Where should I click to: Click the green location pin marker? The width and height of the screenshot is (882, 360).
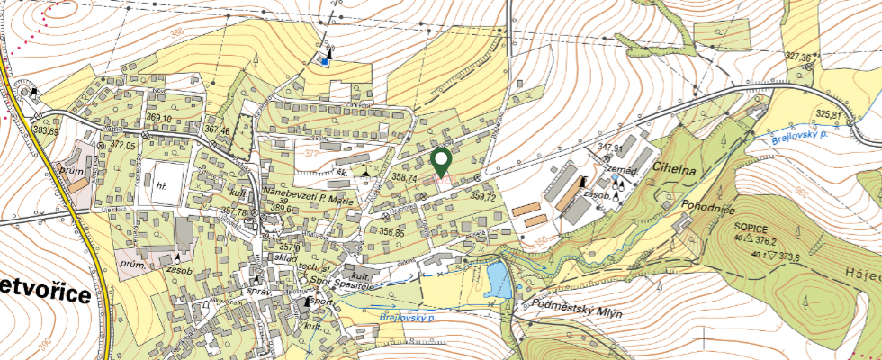(x=442, y=162)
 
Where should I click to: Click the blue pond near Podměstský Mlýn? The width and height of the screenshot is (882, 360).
(x=497, y=280)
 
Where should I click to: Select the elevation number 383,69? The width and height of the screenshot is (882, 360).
(x=46, y=131)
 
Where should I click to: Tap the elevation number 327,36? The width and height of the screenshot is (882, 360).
(x=798, y=57)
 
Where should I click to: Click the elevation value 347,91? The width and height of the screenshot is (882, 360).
(x=610, y=148)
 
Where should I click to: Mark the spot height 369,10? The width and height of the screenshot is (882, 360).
(x=158, y=118)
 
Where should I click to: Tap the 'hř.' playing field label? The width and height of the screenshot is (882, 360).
(x=163, y=186)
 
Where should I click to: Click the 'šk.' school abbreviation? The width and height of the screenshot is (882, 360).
(x=342, y=170)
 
